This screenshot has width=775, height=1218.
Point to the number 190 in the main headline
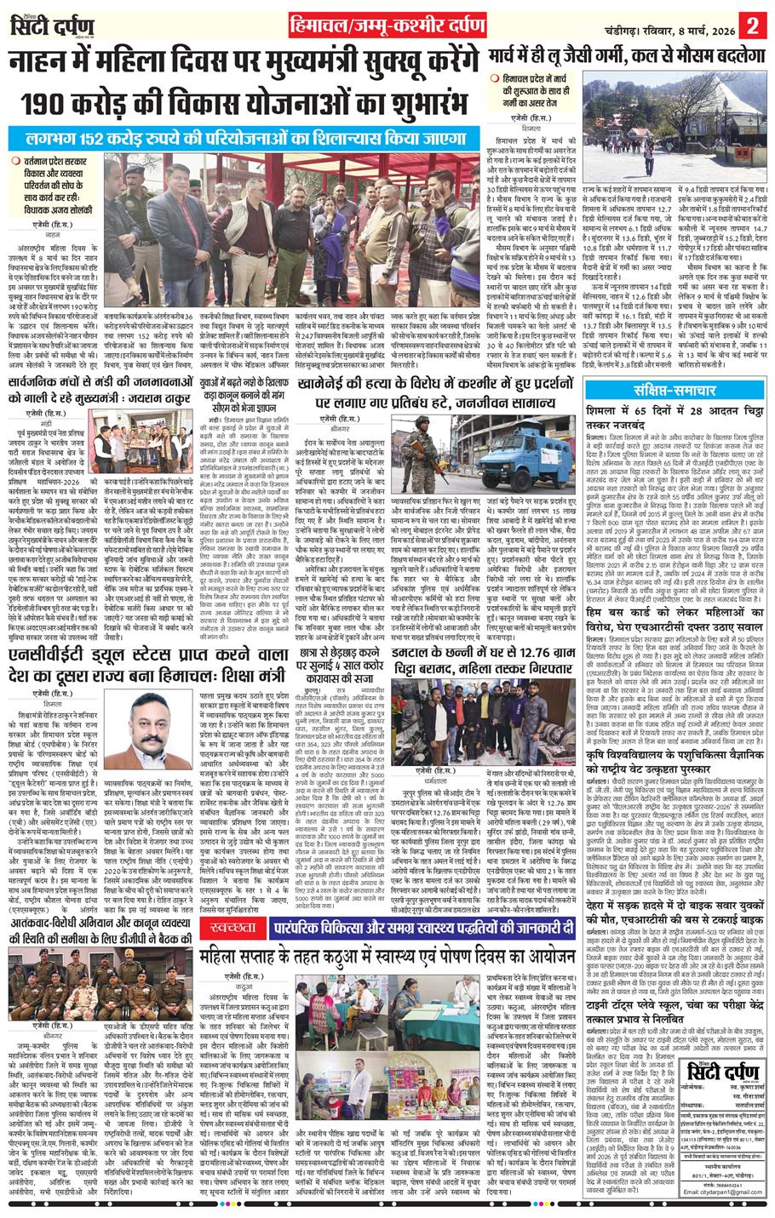pos(58,105)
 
